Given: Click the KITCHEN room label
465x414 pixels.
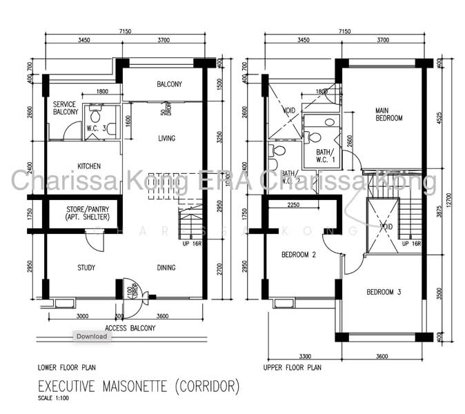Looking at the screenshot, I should coord(89,166).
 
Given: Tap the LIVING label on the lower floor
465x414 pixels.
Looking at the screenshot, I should coord(166,139).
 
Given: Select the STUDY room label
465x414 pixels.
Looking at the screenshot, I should coord(86,268).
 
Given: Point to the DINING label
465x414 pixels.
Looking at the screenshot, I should coord(166,268).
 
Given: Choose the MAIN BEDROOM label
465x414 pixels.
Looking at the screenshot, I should coord(388,114).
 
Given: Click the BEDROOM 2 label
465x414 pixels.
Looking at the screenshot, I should coord(299,255).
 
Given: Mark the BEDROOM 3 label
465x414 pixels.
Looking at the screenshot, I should coord(384,292).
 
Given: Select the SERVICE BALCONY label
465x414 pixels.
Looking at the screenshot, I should coord(65,108).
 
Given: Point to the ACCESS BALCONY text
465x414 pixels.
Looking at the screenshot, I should coord(130,328).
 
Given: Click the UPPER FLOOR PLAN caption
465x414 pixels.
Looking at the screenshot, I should coord(293,368).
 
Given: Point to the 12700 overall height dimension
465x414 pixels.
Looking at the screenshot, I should coord(451,200).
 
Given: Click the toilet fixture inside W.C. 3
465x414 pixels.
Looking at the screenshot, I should coord(95,110).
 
